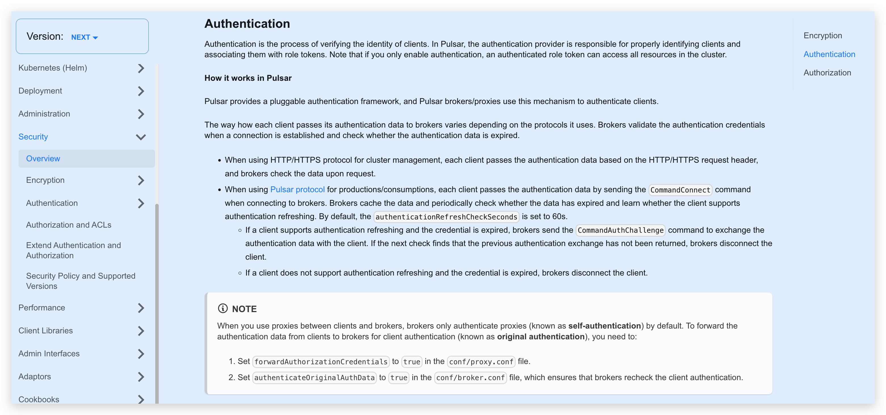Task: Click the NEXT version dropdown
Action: point(84,37)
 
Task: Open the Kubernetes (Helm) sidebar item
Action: point(53,68)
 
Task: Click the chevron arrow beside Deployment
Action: point(141,91)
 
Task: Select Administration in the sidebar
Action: point(44,114)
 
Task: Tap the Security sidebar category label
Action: point(33,137)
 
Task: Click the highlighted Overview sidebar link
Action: point(43,158)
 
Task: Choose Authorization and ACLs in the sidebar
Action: point(68,225)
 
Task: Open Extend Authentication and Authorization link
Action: point(73,250)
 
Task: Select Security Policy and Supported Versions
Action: point(81,281)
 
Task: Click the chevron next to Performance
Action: point(141,308)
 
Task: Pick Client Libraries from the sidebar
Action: point(45,331)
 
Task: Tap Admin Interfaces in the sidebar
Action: point(49,353)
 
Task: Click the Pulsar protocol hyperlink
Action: point(297,189)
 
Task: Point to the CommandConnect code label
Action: point(680,190)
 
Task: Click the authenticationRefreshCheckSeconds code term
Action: point(446,217)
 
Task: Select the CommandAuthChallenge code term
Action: point(620,230)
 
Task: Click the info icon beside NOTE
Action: point(222,308)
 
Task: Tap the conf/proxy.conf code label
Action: point(481,362)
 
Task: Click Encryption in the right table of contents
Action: point(822,35)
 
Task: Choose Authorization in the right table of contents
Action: point(827,73)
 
